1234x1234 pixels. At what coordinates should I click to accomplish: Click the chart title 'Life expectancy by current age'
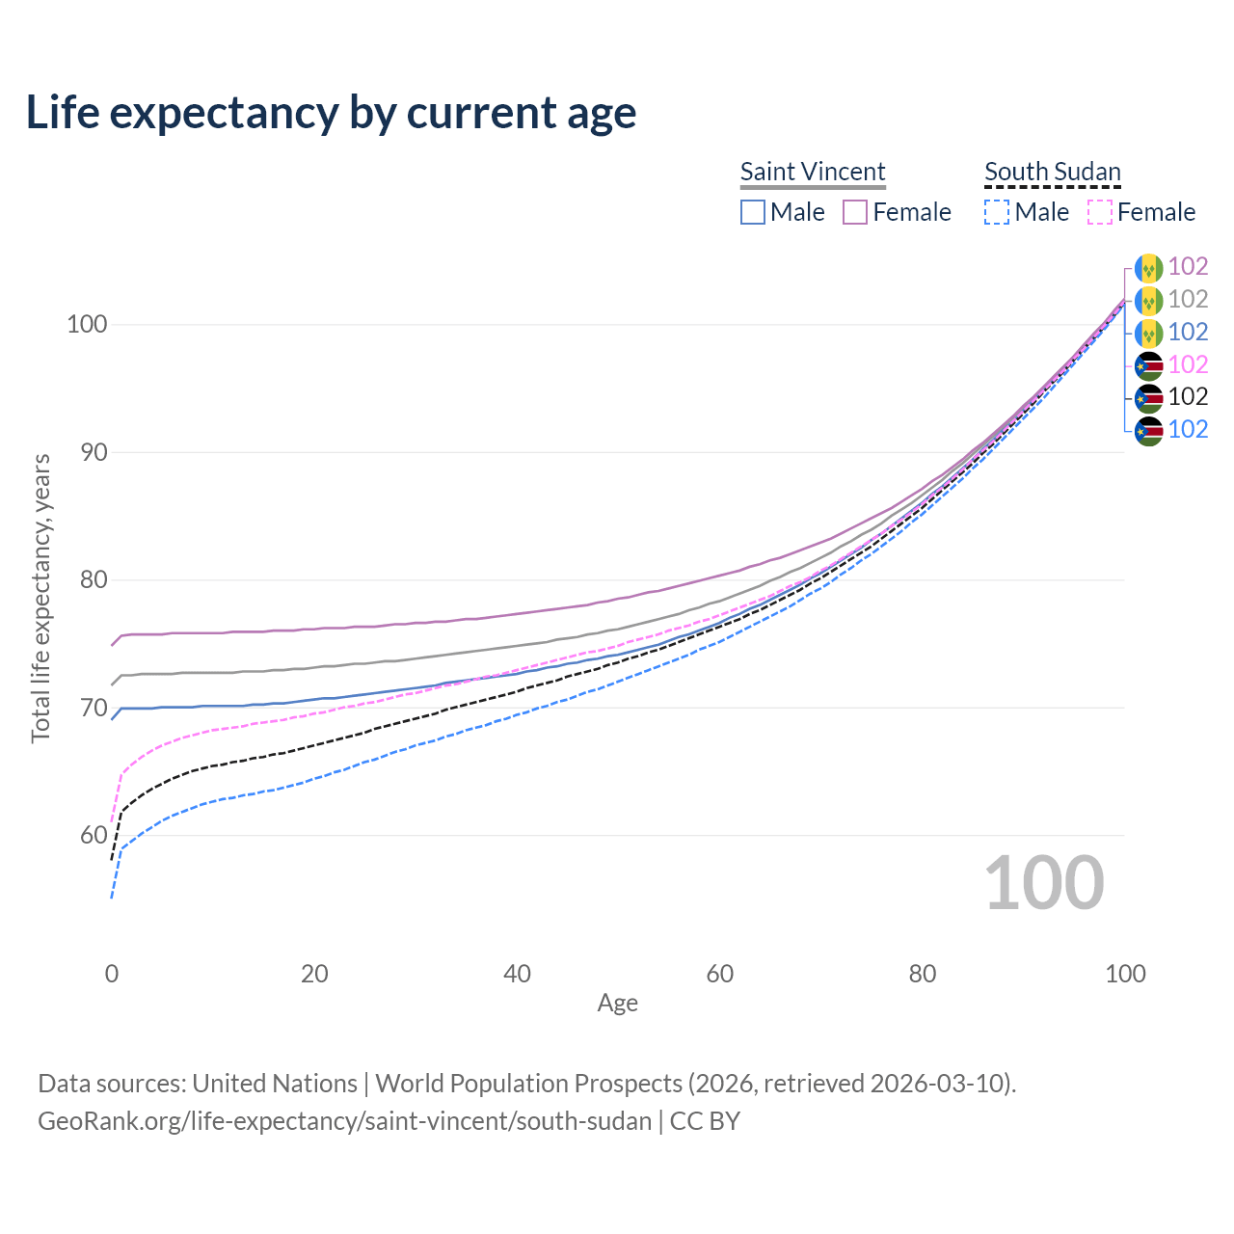[x=331, y=113]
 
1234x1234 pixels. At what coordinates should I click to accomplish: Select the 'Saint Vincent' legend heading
[x=812, y=172]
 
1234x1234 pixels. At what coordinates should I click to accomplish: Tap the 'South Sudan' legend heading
[x=1052, y=172]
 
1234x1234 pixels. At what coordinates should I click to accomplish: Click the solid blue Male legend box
[x=753, y=212]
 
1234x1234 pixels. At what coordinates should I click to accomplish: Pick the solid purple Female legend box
[x=855, y=212]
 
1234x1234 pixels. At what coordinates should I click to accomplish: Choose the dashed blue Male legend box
[x=997, y=212]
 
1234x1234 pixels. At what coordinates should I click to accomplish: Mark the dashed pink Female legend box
[x=1099, y=212]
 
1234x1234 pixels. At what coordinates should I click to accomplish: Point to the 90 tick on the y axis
[x=87, y=452]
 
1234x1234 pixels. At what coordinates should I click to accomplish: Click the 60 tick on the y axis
[x=87, y=835]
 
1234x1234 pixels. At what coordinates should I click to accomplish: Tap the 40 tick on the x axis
[x=517, y=974]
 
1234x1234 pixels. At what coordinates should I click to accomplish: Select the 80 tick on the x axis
[x=923, y=974]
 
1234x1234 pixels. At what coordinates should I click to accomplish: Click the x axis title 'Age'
[x=617, y=1004]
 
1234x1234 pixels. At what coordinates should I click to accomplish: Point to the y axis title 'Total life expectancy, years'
[x=40, y=598]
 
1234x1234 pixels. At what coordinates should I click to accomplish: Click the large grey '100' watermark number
[x=1044, y=883]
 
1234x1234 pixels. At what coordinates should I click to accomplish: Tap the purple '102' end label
[x=1188, y=267]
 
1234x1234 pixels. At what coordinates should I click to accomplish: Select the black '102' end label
[x=1188, y=396]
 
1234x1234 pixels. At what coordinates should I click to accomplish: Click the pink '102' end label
[x=1188, y=364]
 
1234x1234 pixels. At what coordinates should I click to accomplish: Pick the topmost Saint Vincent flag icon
[x=1148, y=268]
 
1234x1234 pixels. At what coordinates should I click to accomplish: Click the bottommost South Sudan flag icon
[x=1148, y=430]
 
